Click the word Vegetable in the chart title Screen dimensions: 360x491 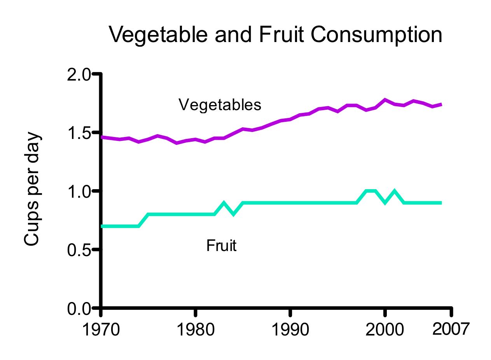coord(158,35)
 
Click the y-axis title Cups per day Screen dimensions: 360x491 coord(32,190)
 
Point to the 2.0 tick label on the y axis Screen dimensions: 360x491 coord(79,74)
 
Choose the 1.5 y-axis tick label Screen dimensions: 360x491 coord(79,133)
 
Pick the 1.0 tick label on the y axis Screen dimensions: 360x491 coord(79,191)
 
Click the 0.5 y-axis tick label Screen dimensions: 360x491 coord(79,250)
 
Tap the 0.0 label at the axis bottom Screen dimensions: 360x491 coord(79,309)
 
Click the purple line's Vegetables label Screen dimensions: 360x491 coord(220,105)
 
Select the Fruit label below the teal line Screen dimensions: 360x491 coord(221,246)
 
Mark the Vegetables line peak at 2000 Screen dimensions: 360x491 coord(385,100)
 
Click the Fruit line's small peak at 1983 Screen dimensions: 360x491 coord(224,203)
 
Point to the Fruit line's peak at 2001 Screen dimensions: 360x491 coord(395,191)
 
